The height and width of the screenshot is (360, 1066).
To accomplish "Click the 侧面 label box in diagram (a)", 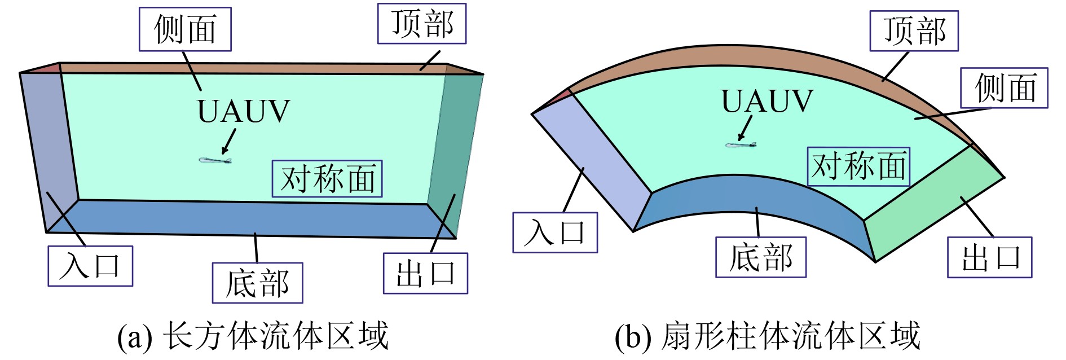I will (185, 29).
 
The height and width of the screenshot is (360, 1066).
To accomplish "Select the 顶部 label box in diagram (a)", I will (422, 24).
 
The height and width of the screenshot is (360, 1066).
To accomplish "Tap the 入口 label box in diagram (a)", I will (90, 266).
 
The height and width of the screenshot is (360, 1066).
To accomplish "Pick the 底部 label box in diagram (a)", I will (257, 283).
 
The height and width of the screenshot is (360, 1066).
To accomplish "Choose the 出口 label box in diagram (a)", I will (425, 273).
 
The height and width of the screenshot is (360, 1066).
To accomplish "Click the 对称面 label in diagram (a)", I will (327, 179).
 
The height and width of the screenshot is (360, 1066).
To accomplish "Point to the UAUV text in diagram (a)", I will (243, 112).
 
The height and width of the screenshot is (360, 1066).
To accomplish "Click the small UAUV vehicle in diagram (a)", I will (215, 160).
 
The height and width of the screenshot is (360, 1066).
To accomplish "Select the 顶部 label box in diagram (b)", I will (914, 31).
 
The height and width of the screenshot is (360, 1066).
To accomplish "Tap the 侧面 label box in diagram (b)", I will (1004, 88).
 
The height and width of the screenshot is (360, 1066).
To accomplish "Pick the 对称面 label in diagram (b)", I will (858, 166).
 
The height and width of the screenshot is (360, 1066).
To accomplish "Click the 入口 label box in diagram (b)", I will (555, 232).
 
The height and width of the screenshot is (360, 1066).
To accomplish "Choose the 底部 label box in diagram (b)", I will (761, 257).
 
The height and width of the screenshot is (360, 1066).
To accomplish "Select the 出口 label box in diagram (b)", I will (989, 257).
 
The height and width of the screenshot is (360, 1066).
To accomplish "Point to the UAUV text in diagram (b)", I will (767, 102).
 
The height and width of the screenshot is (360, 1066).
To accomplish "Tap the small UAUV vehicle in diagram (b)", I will (740, 145).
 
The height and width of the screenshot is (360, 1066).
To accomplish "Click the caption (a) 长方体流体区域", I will (253, 336).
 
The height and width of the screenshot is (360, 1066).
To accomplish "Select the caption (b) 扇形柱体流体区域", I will (767, 336).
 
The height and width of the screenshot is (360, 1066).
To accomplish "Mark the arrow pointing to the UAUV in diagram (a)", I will (229, 141).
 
